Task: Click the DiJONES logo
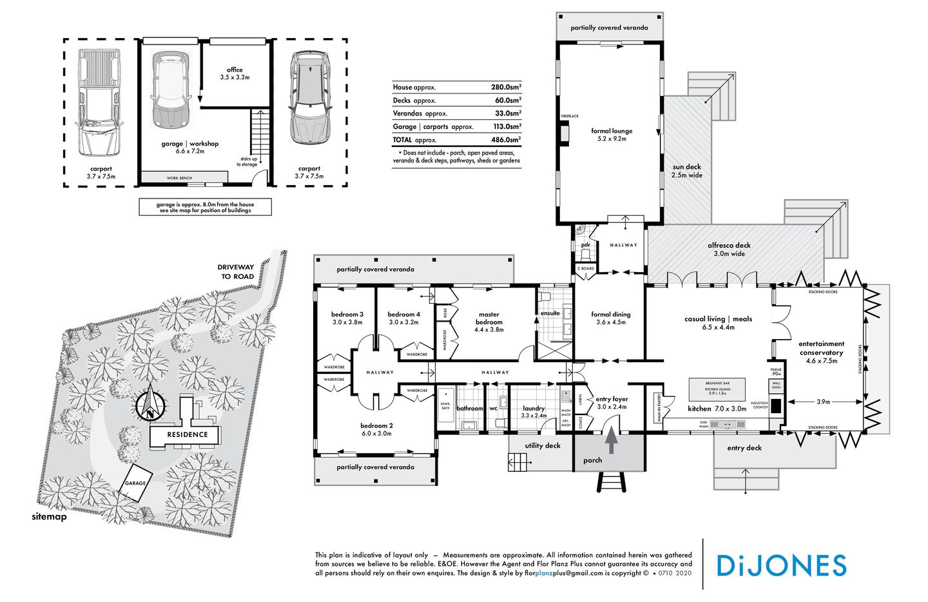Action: (x=781, y=565)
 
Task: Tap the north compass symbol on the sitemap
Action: (x=150, y=405)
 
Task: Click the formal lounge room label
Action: (x=612, y=134)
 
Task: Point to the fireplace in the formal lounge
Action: (x=565, y=132)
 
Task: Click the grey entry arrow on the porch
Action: (x=610, y=444)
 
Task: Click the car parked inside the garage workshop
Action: (x=171, y=90)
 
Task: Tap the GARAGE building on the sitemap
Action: (x=135, y=483)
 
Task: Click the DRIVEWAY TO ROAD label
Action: (x=236, y=271)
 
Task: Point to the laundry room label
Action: (x=534, y=411)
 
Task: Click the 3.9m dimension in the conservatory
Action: (x=823, y=402)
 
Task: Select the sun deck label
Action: (x=687, y=170)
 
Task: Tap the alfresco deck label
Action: (x=729, y=249)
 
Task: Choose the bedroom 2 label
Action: (x=377, y=429)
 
